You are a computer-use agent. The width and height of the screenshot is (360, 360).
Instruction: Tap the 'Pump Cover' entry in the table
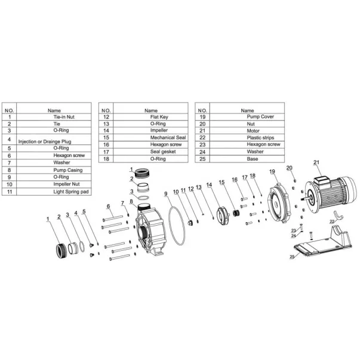pyautogui.click(x=247, y=117)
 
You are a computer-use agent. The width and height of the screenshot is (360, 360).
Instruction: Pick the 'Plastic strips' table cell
pyautogui.click(x=247, y=137)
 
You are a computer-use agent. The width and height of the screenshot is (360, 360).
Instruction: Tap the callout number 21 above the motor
pyautogui.click(x=316, y=163)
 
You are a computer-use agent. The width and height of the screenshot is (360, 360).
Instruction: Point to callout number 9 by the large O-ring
pyautogui.click(x=166, y=193)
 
